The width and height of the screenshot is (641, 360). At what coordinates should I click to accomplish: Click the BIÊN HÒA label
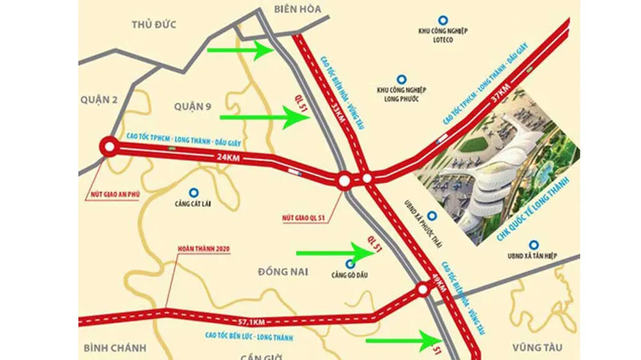(x=297, y=8)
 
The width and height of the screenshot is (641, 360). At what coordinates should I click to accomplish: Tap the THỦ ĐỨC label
(x=154, y=24)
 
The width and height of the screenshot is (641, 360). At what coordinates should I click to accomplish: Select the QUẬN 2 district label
(x=101, y=99)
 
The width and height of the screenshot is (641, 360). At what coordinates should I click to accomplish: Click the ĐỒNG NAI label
(x=283, y=272)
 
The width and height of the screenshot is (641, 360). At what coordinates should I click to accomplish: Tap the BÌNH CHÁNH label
(x=115, y=348)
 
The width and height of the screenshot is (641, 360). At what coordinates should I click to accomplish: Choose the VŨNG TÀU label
(x=537, y=347)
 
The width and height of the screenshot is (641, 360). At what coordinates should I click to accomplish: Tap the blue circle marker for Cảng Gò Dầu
(x=349, y=263)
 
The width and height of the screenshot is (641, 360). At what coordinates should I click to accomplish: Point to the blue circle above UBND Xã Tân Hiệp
(x=532, y=244)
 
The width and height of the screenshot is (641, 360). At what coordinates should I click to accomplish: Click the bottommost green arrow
(x=401, y=340)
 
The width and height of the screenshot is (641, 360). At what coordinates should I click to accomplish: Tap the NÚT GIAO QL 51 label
(x=304, y=218)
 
